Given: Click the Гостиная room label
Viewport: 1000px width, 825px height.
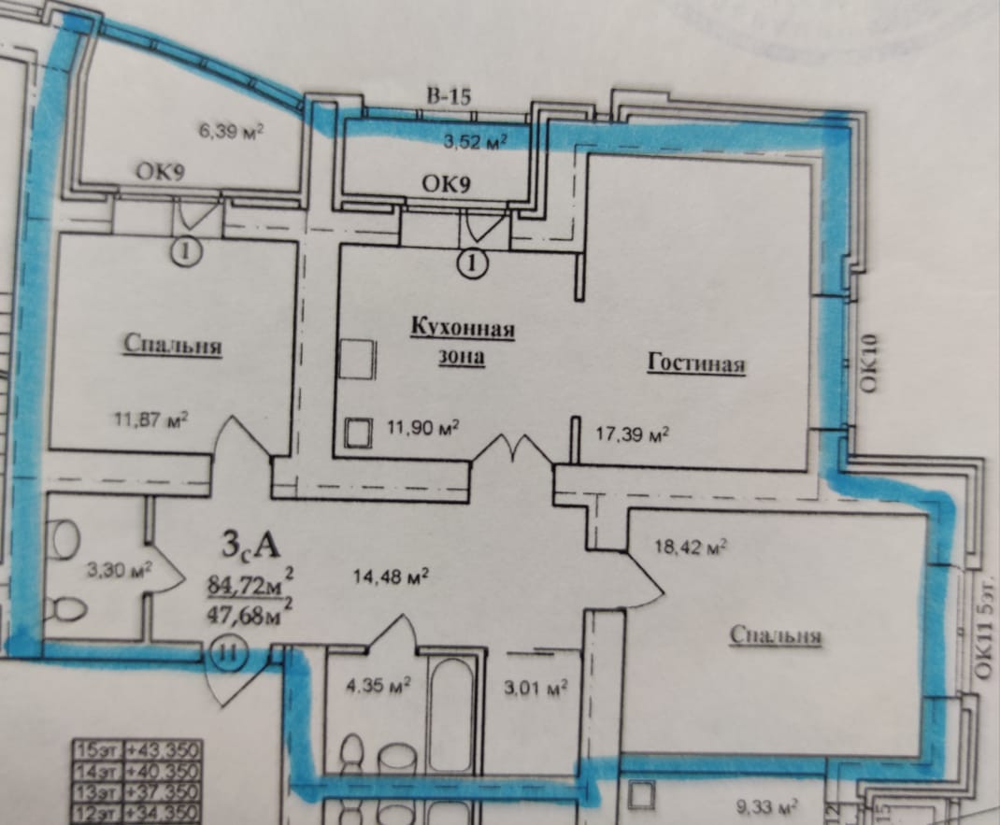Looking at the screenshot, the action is tap(696, 363).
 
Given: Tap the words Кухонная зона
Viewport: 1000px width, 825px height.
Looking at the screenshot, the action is tap(463, 341).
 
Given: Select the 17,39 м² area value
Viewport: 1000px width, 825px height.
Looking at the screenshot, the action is tap(632, 433).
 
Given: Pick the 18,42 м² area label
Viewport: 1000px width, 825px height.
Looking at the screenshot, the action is tap(692, 548).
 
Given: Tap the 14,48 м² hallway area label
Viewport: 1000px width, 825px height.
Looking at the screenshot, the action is tap(392, 576).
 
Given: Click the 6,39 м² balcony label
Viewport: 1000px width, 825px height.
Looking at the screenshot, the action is tap(228, 133).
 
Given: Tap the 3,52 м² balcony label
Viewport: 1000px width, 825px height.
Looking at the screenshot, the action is tap(474, 141).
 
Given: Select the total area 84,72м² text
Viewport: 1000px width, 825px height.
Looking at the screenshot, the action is tap(248, 587).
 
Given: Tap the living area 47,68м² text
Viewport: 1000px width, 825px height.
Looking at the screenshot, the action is tap(248, 614).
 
